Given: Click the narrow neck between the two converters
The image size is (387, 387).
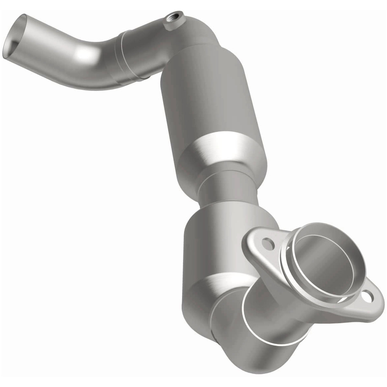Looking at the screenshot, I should [223, 191].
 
